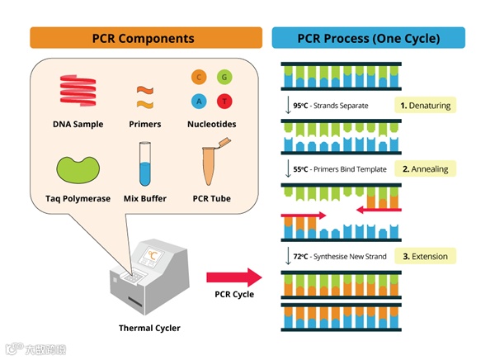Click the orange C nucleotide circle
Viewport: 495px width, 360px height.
pos(199,77)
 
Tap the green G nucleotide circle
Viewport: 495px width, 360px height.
pos(224,77)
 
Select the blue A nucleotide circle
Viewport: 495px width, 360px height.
pos(199,102)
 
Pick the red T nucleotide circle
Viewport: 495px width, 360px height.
pos(224,102)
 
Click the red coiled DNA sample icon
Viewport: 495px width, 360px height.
pos(78,91)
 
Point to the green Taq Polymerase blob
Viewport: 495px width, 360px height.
pos(78,170)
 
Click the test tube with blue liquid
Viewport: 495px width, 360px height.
pos(145,163)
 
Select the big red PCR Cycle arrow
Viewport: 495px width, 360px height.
pos(234,277)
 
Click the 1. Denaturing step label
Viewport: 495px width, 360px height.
pos(425,105)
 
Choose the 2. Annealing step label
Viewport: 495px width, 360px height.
pos(425,169)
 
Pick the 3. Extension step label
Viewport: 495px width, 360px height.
pos(425,256)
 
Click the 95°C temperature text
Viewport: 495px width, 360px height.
pos(300,106)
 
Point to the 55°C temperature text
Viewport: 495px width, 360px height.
pos(300,169)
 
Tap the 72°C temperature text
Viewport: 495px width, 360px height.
pos(300,256)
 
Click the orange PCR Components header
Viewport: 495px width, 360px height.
pos(146,38)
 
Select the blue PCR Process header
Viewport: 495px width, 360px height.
pos(369,38)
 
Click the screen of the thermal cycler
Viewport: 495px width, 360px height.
pos(154,255)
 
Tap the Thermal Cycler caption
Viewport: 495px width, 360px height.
pos(149,328)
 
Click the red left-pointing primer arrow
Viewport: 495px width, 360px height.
pos(379,210)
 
